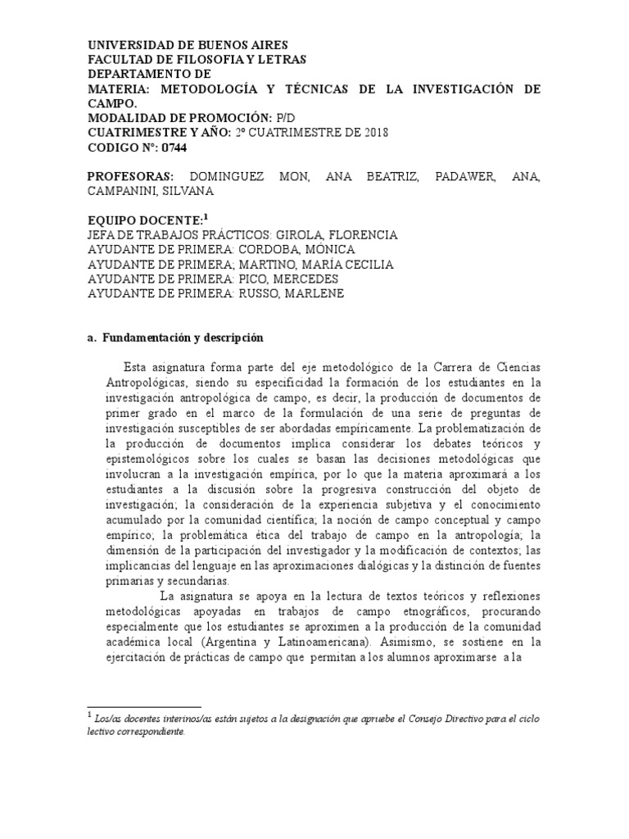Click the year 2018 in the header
(x=374, y=134)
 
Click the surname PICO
(x=255, y=279)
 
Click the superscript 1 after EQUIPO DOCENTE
(x=206, y=217)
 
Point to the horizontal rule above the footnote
(x=143, y=706)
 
